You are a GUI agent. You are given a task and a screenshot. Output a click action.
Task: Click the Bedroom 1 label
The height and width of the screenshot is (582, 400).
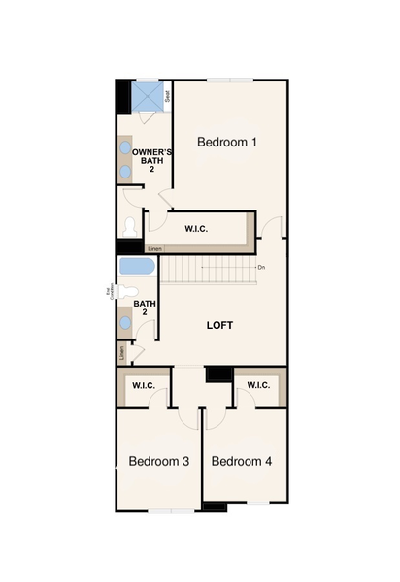pos(227,142)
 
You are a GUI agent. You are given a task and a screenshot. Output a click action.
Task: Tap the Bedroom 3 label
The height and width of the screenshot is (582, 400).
pos(158,461)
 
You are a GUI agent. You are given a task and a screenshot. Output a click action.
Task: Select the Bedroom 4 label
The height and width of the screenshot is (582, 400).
pos(241,461)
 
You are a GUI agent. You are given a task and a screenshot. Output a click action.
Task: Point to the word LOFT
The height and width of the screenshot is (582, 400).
pos(220,325)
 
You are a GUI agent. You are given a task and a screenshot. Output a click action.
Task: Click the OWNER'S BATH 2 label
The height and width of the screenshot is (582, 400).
pos(151,161)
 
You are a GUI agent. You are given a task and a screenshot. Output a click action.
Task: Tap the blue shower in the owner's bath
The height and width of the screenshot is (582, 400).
pos(148,96)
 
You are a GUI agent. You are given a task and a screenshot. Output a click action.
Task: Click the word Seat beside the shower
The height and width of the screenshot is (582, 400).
pos(168,96)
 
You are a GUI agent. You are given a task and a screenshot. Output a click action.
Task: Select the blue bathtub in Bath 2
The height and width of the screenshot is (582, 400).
pos(136,267)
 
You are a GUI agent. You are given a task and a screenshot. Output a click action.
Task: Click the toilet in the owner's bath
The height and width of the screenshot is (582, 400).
pos(130,226)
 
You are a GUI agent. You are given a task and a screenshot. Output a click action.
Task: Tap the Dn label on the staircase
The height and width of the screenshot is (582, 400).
pos(260,267)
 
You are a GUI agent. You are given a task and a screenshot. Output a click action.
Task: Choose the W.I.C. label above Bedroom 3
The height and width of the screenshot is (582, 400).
pos(144,385)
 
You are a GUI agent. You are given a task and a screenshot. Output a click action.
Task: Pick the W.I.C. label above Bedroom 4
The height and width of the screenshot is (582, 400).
pos(257,385)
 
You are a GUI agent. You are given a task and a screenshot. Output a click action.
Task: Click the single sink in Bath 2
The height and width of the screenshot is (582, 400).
pos(126,322)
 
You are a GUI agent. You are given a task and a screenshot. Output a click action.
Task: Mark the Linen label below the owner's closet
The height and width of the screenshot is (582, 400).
pos(155,249)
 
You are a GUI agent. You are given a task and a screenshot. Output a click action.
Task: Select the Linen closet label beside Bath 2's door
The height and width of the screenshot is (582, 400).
pos(121,353)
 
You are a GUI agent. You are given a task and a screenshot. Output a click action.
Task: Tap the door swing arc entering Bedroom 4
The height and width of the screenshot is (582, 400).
pos(214,413)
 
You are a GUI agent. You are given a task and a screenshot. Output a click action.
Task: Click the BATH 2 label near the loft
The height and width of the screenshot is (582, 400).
pos(146,307)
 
